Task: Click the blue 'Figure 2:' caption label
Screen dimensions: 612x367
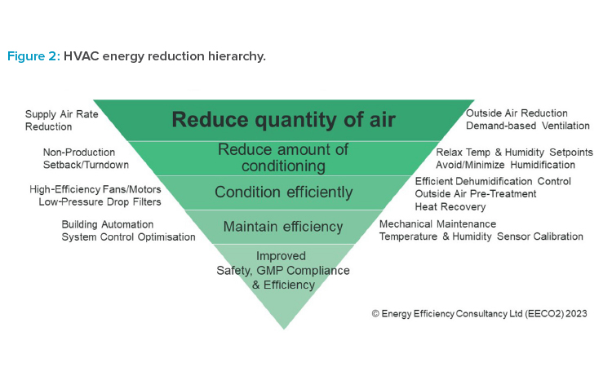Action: [x=34, y=56]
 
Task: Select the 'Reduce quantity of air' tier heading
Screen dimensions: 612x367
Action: [x=284, y=119]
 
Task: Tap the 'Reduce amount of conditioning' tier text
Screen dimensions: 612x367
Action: [x=283, y=157]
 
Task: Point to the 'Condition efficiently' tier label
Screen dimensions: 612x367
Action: [x=284, y=192]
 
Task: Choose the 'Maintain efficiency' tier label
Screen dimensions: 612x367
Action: [x=283, y=227]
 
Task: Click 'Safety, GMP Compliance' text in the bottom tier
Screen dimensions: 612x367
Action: [x=283, y=270]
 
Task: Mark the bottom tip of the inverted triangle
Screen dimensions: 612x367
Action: [x=284, y=329]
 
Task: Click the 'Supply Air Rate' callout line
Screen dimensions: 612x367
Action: [x=62, y=114]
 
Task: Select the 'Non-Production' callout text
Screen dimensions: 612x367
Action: [x=79, y=153]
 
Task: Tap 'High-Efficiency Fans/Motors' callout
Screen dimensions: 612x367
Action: [x=95, y=189]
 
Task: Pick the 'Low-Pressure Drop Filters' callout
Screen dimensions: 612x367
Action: [x=100, y=202]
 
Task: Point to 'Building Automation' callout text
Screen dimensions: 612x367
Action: [x=108, y=224]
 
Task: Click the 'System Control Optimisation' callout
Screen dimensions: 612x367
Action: [x=128, y=237]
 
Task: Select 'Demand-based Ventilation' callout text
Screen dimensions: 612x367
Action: [x=528, y=126]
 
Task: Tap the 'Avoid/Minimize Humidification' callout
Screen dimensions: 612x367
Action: [x=505, y=165]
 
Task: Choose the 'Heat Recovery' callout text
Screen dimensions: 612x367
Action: [x=450, y=206]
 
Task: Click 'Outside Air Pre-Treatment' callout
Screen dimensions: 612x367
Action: [x=476, y=194]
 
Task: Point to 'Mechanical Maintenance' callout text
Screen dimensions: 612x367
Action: [x=437, y=223]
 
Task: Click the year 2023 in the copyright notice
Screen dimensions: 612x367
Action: [x=576, y=313]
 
